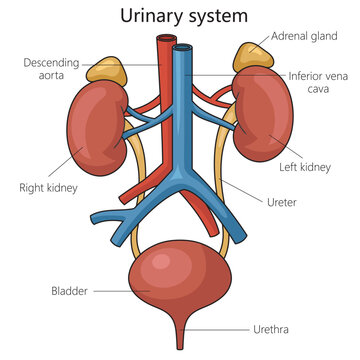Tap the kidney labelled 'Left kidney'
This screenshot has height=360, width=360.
click(263, 125)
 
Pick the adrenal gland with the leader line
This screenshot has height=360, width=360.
click(249, 57)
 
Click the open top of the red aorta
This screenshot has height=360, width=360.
click(164, 40)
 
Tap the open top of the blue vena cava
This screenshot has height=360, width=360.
click(183, 46)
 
